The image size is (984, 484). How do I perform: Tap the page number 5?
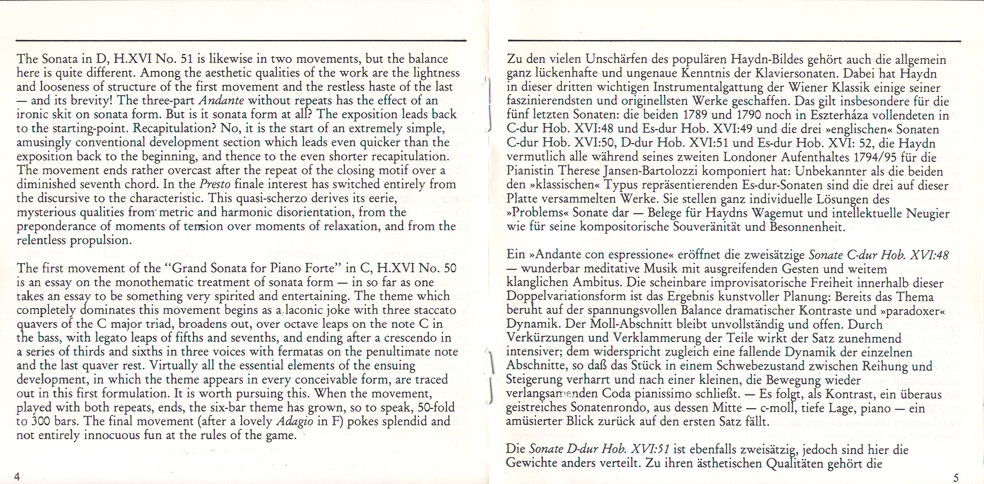[956, 477]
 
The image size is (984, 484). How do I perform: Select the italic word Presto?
[215, 184]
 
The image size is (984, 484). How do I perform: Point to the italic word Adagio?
[292, 421]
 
